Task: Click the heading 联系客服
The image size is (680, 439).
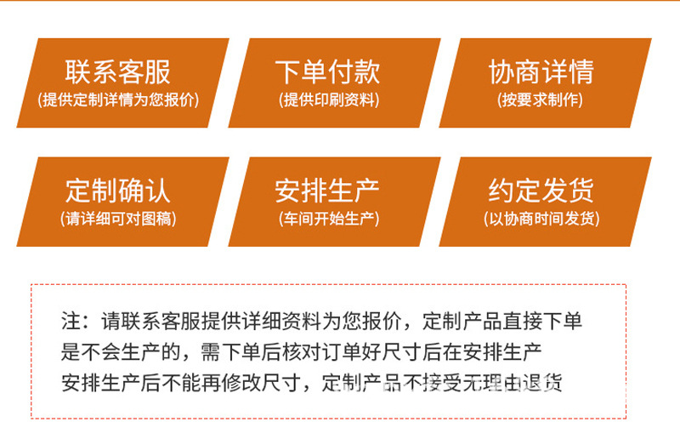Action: (118, 71)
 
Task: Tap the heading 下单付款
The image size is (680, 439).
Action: (327, 71)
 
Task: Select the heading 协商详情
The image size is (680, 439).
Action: (541, 71)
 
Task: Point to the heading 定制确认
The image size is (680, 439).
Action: (118, 190)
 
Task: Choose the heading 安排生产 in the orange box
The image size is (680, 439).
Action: (327, 190)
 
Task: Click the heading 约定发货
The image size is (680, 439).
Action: (541, 190)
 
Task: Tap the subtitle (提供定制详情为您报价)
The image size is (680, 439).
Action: (118, 100)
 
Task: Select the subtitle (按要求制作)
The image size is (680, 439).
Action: (541, 100)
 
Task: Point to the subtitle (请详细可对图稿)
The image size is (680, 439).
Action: (118, 219)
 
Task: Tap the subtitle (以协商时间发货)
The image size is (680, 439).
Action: (541, 219)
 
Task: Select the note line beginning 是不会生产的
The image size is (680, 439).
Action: (302, 353)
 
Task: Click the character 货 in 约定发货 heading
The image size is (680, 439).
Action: (581, 190)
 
